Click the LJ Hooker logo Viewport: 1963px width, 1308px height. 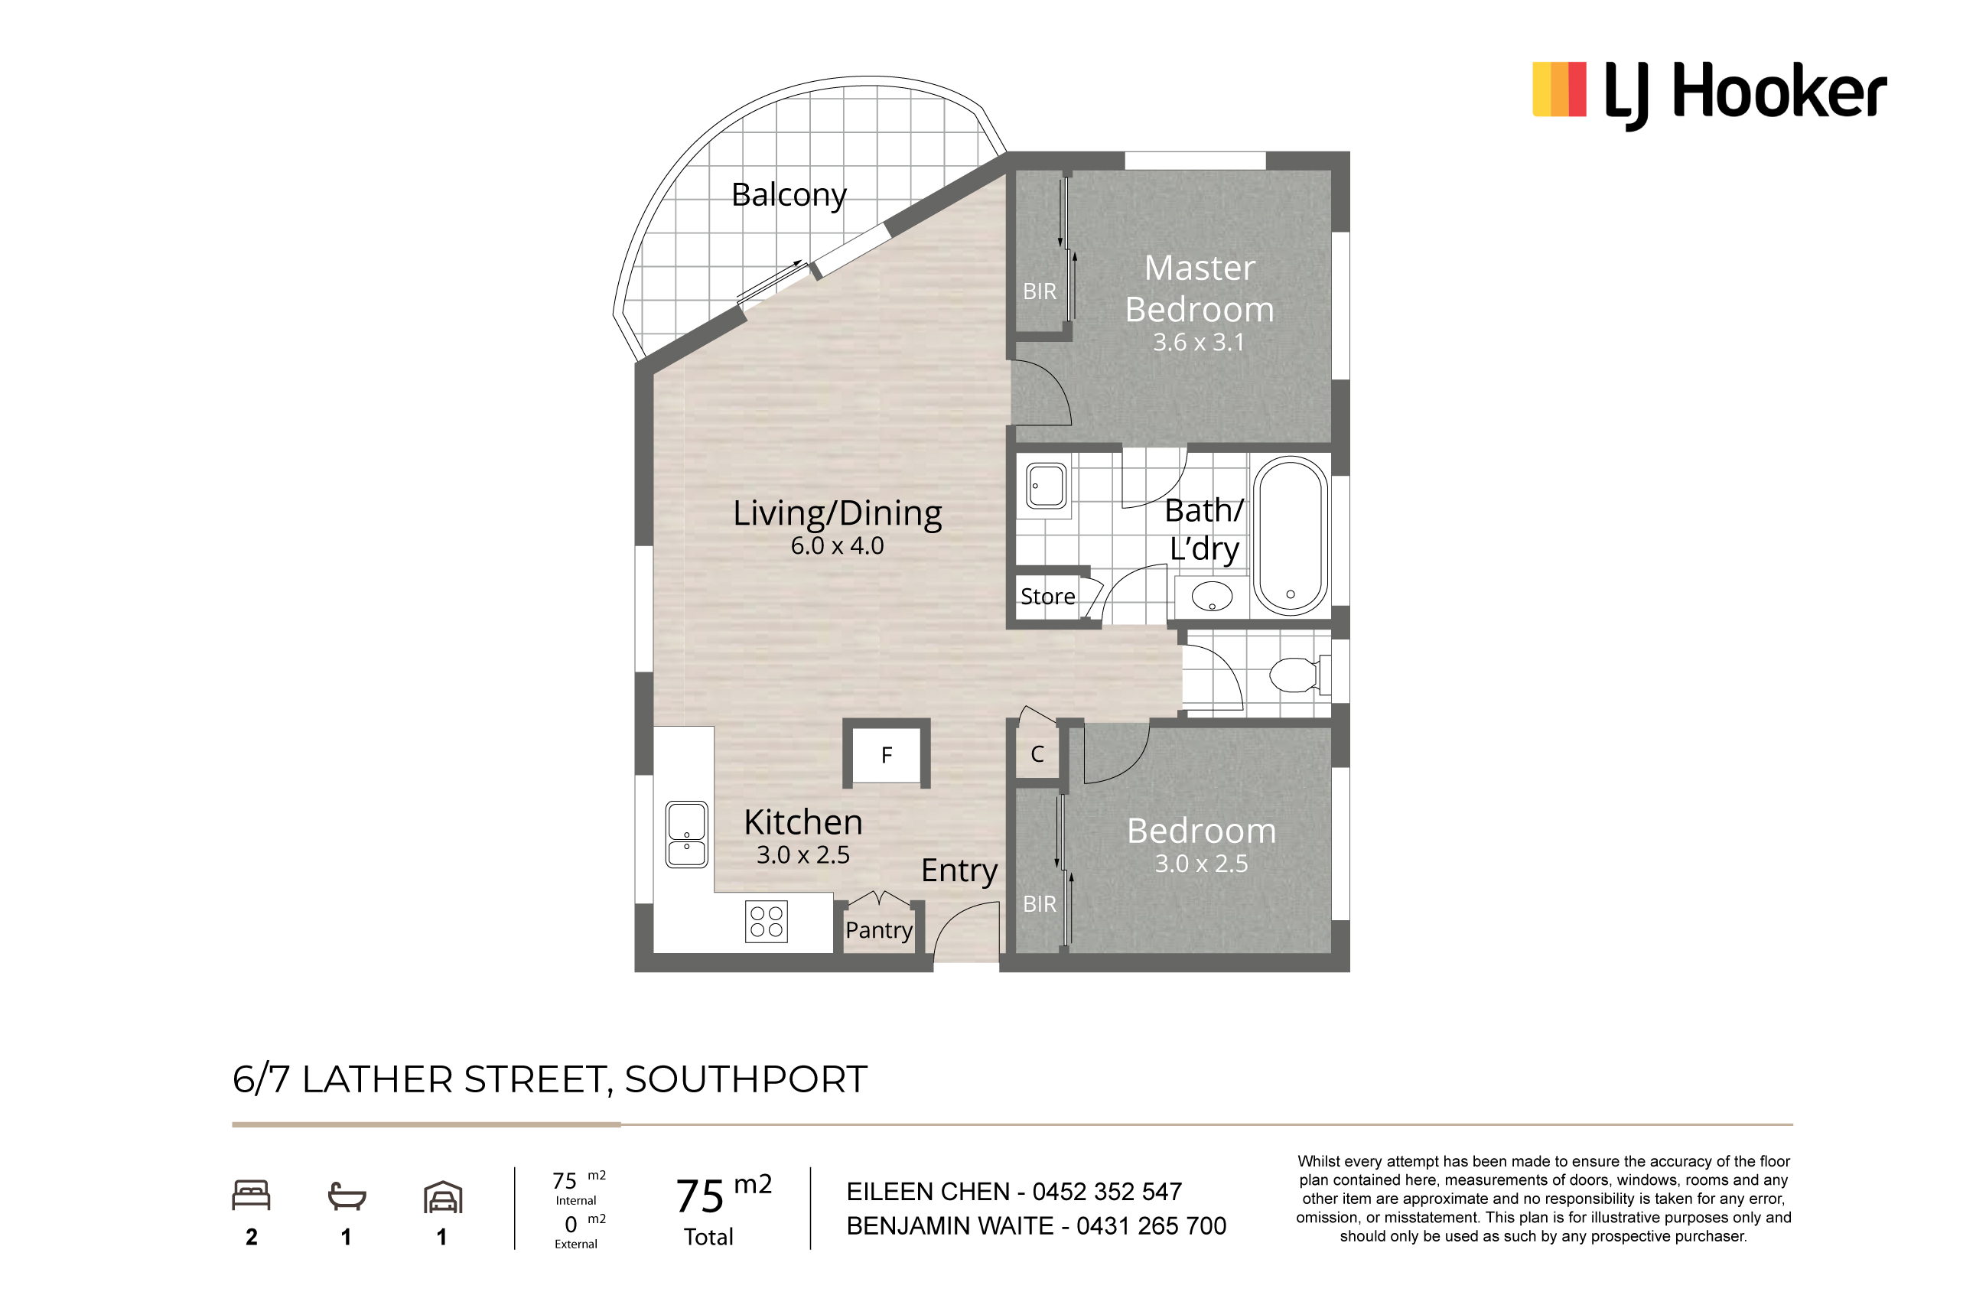(x=1709, y=94)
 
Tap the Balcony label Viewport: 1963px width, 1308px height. (x=789, y=195)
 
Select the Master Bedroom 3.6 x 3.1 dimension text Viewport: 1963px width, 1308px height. (x=1198, y=342)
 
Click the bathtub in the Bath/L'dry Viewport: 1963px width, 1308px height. (x=1290, y=535)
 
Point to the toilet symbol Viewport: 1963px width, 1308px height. (x=1299, y=674)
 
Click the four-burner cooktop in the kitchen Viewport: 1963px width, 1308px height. (x=766, y=922)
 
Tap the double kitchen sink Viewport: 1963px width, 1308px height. (x=687, y=835)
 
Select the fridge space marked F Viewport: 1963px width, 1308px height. (x=886, y=754)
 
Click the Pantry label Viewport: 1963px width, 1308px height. (x=878, y=930)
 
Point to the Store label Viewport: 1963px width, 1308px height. (x=1048, y=597)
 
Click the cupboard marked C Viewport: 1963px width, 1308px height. (x=1037, y=754)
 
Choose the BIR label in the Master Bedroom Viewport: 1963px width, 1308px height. (x=1040, y=291)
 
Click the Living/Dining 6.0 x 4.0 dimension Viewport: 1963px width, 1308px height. (x=837, y=545)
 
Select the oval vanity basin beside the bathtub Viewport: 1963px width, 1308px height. (x=1211, y=597)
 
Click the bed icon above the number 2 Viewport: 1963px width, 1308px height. (x=251, y=1195)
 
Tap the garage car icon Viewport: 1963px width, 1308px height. (x=443, y=1196)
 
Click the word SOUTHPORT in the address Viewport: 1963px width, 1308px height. (x=746, y=1079)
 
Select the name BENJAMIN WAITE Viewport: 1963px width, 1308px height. (x=950, y=1225)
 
